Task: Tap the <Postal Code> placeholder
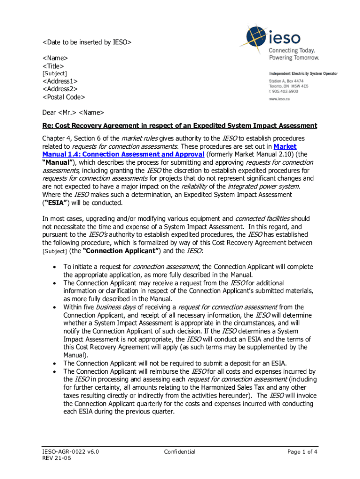pos(64,97)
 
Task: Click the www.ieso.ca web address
pos(281,99)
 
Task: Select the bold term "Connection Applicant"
pos(125,251)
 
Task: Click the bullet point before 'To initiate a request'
pos(55,267)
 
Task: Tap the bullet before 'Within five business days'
pos(55,307)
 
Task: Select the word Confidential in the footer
pos(180,452)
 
